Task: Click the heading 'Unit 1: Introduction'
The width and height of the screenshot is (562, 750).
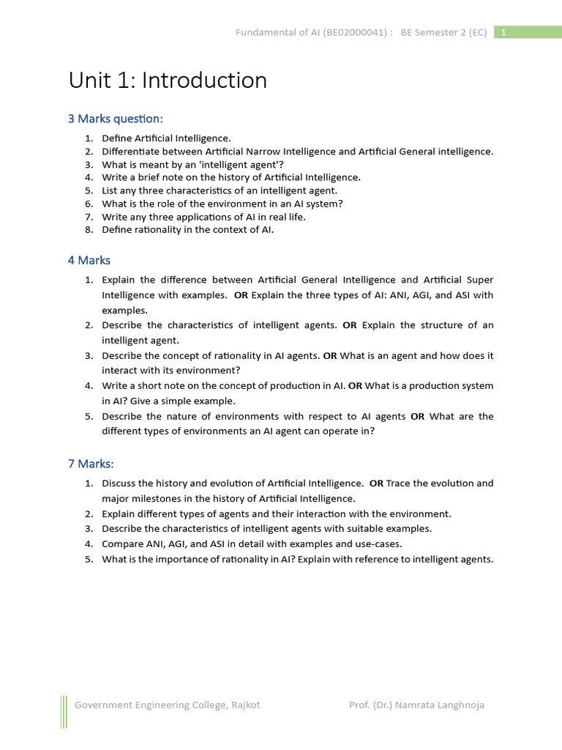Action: click(168, 81)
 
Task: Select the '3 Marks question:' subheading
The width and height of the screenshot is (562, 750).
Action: click(116, 119)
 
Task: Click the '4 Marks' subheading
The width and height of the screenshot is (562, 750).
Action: click(89, 260)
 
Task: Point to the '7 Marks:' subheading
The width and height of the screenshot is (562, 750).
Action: click(91, 464)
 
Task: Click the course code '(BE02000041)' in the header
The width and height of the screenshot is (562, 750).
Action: click(354, 32)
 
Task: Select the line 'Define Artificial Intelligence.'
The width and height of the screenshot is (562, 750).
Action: click(166, 138)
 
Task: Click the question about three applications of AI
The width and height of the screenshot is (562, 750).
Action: click(203, 217)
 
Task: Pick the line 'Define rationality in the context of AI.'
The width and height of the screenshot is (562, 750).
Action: click(187, 230)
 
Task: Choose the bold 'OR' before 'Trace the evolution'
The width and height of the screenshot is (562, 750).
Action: click(376, 483)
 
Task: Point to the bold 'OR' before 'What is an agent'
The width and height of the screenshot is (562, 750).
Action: click(330, 355)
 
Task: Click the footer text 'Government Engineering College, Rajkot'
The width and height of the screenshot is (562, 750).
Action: click(167, 705)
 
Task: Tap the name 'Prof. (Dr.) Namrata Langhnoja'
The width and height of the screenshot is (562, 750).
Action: click(416, 705)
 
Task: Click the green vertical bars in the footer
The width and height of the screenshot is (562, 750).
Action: click(64, 712)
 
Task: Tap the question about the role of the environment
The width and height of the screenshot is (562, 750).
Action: click(222, 204)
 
